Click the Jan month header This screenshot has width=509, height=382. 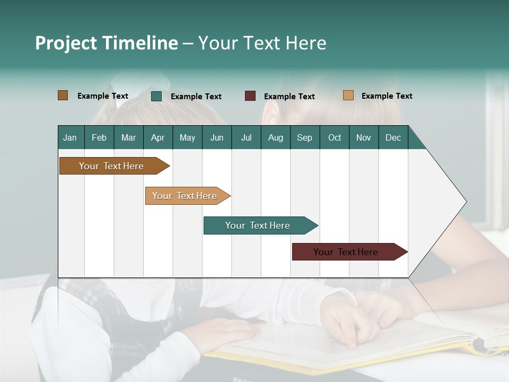pos(70,137)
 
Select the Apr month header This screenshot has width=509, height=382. pos(157,137)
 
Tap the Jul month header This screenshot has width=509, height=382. pos(246,137)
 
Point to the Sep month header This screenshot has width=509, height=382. pos(304,137)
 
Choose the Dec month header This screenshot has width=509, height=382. pos(393,137)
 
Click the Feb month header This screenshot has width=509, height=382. pos(99,137)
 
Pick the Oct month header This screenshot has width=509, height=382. pos(335,137)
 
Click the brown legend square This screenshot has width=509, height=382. pos(63,95)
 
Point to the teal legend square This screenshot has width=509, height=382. pos(156,96)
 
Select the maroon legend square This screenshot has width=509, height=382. pos(250,96)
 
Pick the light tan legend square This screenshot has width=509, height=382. pos(348,95)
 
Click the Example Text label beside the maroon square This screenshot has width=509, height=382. pos(289,97)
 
